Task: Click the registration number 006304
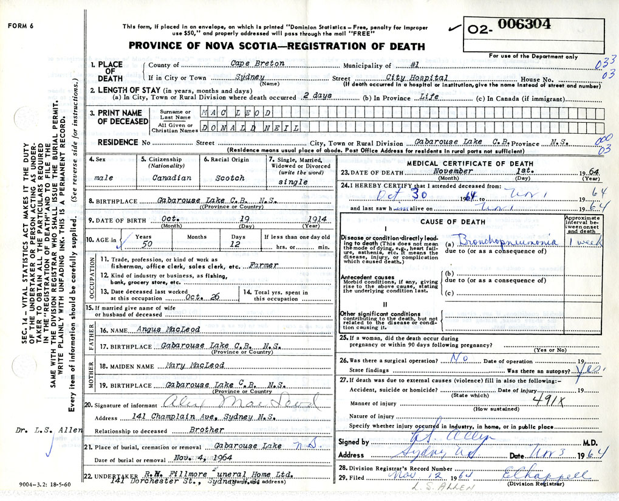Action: [524, 24]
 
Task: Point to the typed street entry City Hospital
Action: [417, 77]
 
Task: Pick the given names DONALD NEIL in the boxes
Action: [250, 127]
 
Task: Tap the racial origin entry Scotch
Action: [231, 178]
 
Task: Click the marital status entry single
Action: [289, 182]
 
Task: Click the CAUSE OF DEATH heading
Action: [452, 222]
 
